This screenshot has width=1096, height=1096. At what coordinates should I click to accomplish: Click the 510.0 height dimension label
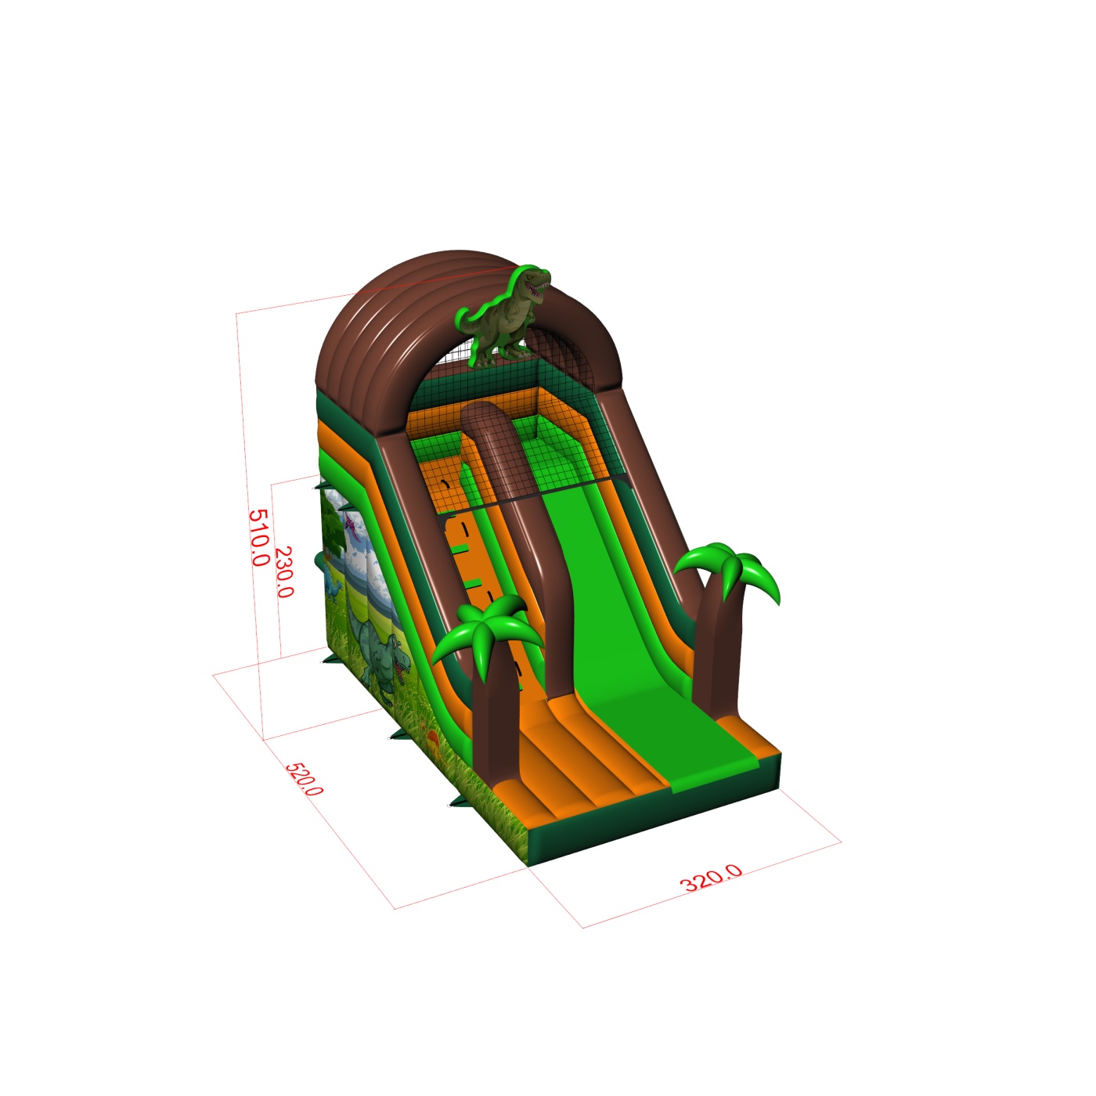coord(259,538)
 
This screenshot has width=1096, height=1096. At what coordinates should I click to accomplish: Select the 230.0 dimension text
coord(284,571)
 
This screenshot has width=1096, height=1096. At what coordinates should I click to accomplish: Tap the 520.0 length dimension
coord(304,779)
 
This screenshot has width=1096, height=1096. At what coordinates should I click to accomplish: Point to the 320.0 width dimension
coord(711,878)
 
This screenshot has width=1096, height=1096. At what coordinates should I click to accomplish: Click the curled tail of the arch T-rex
coord(472,319)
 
